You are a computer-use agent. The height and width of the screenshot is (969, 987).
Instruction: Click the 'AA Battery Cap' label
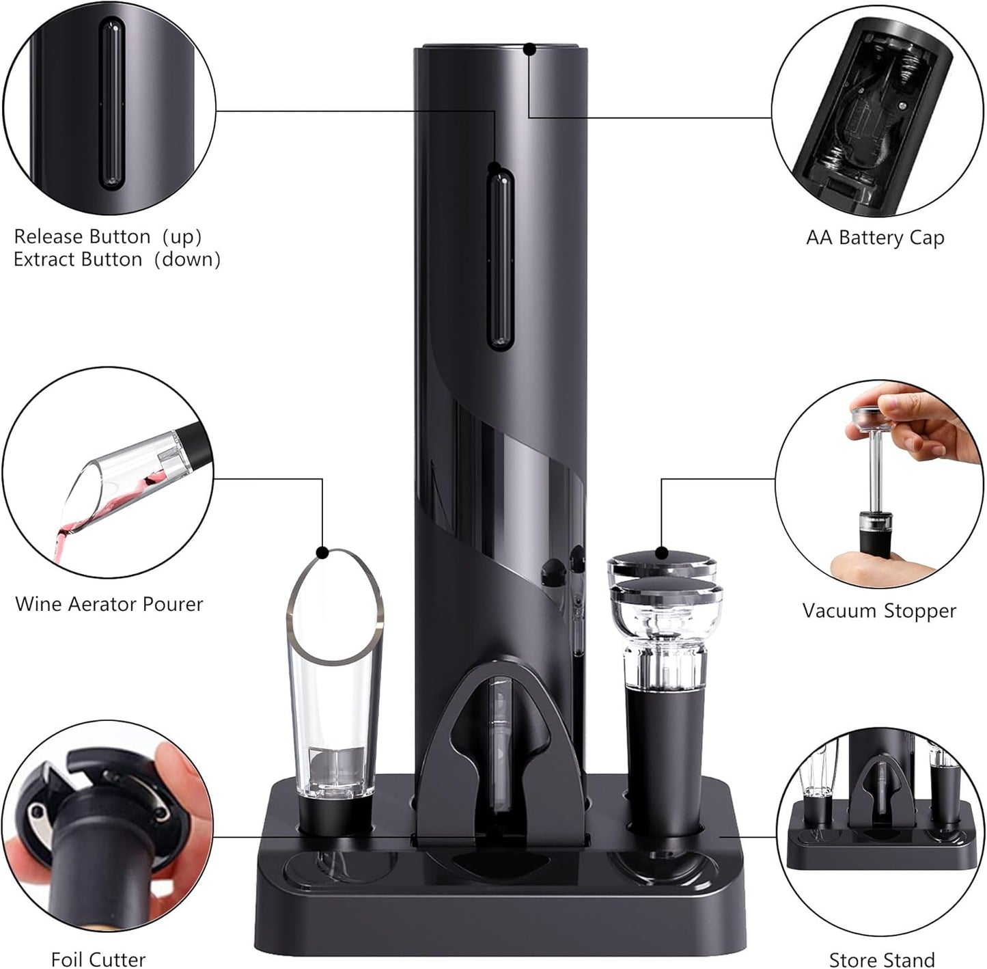tap(875, 238)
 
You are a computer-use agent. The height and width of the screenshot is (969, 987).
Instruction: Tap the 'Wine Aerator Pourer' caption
tap(109, 604)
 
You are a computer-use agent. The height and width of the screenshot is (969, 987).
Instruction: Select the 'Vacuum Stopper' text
tap(878, 610)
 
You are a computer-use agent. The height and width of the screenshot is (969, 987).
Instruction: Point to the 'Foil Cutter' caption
tap(98, 959)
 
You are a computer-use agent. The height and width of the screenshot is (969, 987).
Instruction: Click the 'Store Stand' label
tap(881, 959)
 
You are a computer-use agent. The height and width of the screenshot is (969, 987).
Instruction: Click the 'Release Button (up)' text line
tap(108, 236)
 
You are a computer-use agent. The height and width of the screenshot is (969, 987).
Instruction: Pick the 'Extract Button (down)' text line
tap(117, 260)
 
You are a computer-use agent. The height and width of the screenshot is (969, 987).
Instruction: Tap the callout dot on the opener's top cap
tap(529, 49)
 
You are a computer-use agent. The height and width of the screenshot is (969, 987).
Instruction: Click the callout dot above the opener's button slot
tap(493, 167)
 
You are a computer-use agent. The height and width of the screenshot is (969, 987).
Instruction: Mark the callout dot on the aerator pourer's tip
tap(323, 551)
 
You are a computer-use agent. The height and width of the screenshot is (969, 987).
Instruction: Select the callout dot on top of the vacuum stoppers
tap(661, 553)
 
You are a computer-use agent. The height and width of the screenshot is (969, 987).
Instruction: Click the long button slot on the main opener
tap(500, 260)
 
